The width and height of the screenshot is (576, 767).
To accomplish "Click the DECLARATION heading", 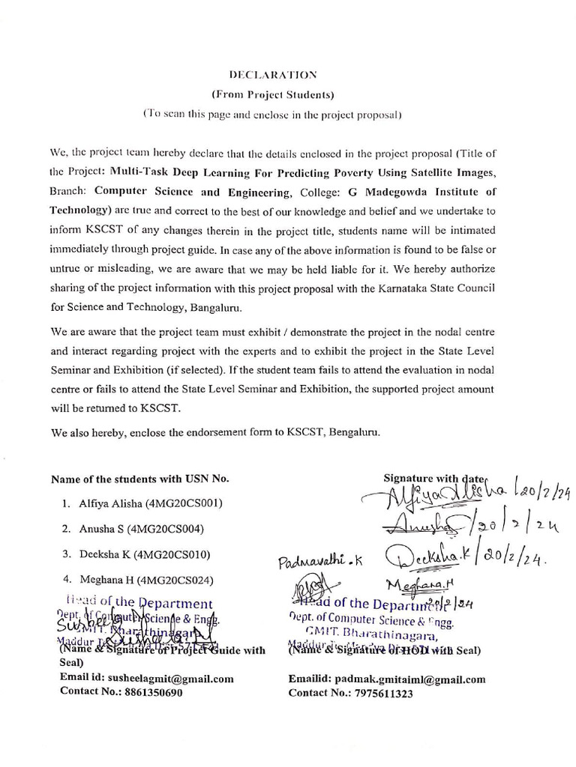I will click(x=272, y=75).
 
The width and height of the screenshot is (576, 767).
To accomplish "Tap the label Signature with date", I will click(x=434, y=477).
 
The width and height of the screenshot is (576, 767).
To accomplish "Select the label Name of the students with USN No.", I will click(x=140, y=479).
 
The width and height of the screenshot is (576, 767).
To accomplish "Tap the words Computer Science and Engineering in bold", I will click(x=189, y=191).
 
